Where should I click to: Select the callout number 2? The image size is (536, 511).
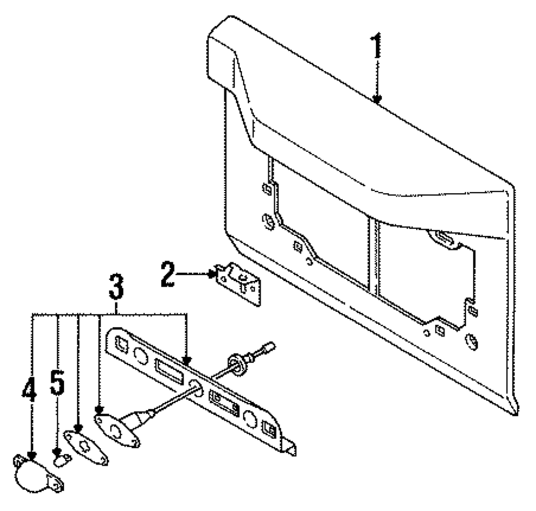167,274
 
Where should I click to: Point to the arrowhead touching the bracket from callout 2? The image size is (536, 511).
212,275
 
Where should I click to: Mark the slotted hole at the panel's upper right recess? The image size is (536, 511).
443,238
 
